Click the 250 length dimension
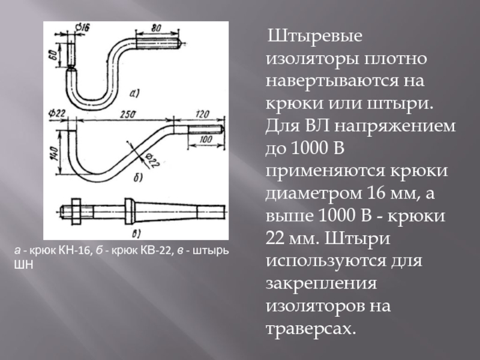(126, 114)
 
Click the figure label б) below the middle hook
(137, 178)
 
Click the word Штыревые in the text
(314, 37)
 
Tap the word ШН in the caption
(22, 263)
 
